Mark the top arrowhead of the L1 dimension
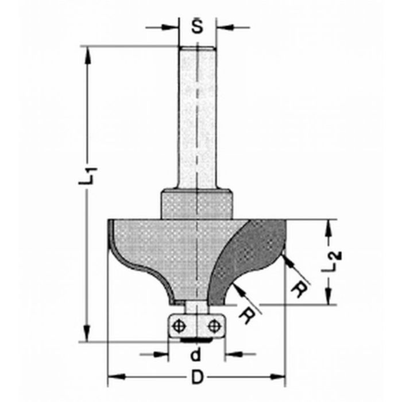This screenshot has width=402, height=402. [x=88, y=52]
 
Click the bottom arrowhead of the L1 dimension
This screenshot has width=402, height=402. [x=88, y=335]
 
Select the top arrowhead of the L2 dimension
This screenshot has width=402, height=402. [x=330, y=226]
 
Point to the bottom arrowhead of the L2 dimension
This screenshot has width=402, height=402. [x=330, y=300]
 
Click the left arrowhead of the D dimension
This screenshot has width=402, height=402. [x=114, y=377]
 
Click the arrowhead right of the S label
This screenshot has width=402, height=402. [x=223, y=27]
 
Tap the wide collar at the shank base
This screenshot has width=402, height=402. [x=197, y=204]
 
